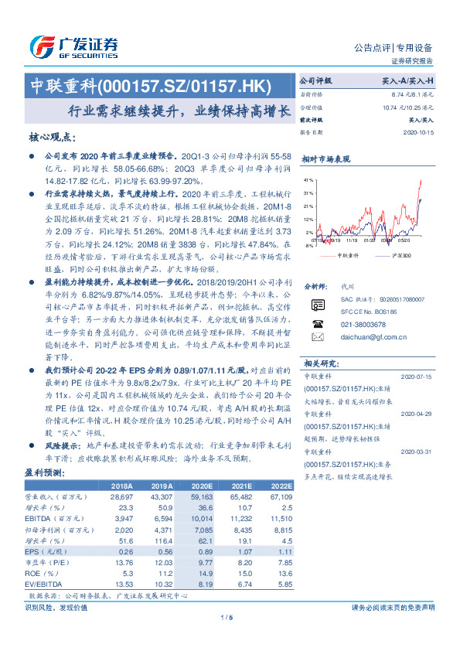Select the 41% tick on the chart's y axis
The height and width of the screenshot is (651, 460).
(x=309, y=180)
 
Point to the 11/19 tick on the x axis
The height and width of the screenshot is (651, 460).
(x=342, y=240)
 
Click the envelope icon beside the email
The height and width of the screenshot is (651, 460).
(x=317, y=336)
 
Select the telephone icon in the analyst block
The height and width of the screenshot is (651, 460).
(x=317, y=324)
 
